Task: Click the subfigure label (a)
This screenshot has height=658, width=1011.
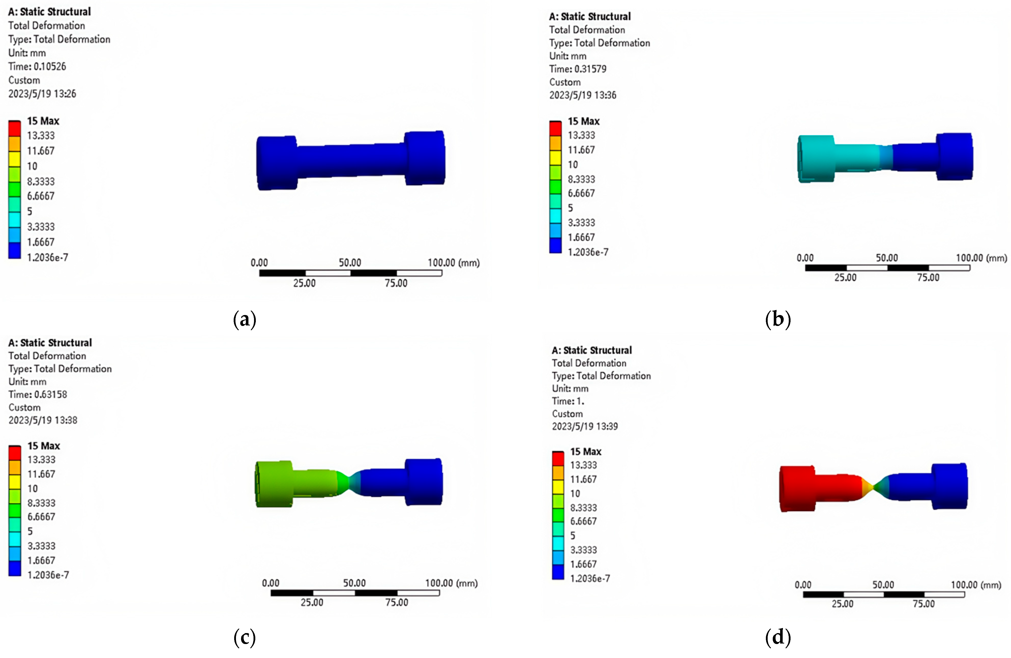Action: pos(245,319)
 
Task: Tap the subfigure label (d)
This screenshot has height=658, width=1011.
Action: pos(778,638)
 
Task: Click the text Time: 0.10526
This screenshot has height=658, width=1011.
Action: pos(37,67)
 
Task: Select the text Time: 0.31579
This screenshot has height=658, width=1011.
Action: pos(578,69)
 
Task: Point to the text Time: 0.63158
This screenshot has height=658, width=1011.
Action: pos(38,394)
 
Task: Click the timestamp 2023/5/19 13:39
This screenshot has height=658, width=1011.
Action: pos(585,426)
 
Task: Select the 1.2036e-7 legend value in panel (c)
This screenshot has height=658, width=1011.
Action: pos(48,575)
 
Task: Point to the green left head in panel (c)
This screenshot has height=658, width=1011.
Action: pos(274,483)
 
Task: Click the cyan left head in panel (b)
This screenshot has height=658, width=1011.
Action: pos(816,158)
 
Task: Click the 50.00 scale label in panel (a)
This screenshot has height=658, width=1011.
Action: pos(350,263)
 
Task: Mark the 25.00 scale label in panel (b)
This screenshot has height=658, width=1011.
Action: pos(845,277)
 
